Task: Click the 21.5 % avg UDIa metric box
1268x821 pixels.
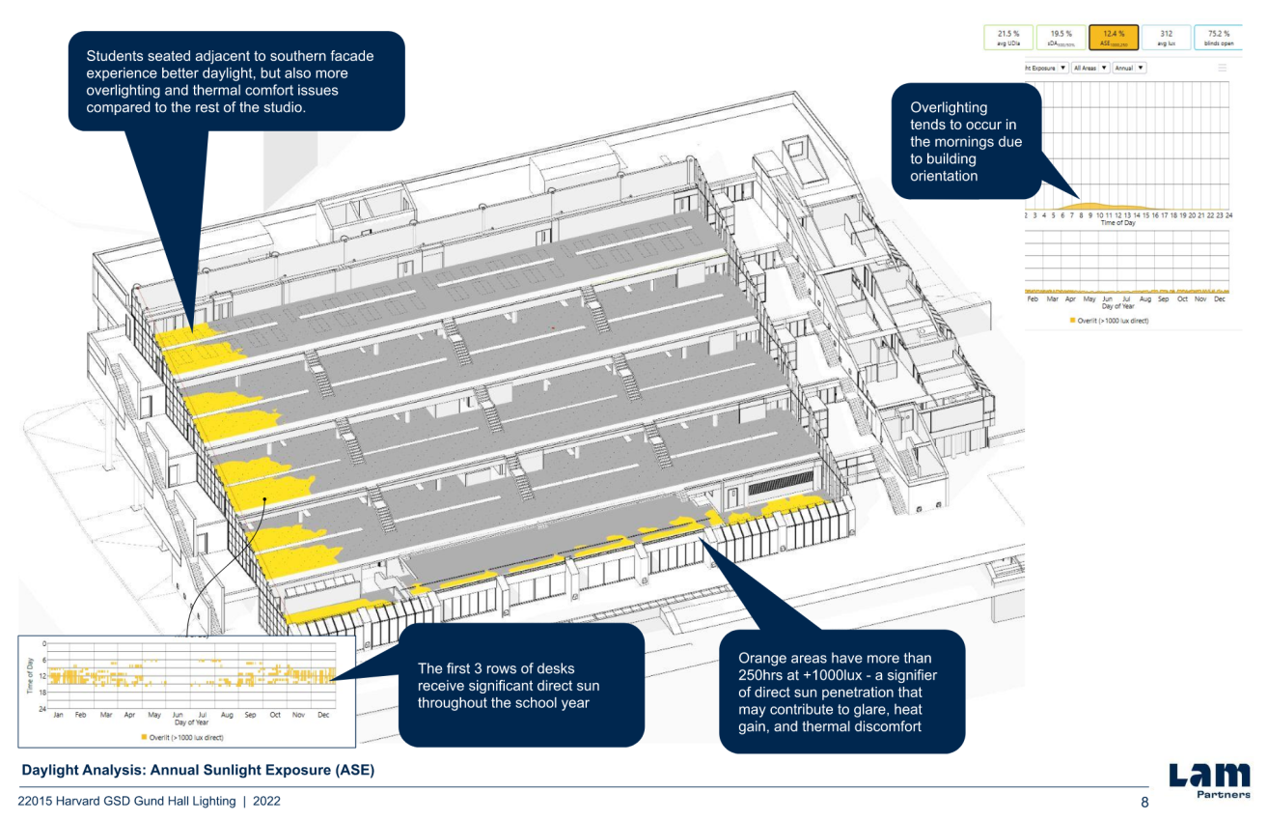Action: pyautogui.click(x=1008, y=37)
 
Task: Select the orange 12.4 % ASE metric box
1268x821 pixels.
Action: pyautogui.click(x=1113, y=37)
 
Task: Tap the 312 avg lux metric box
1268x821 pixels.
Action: pyautogui.click(x=1166, y=37)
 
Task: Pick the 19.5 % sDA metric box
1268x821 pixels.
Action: pyautogui.click(x=1061, y=37)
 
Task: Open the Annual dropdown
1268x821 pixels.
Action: pyautogui.click(x=1129, y=68)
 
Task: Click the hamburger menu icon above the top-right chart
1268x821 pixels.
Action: pyautogui.click(x=1223, y=68)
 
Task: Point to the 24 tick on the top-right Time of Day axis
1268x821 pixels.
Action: pyautogui.click(x=1228, y=214)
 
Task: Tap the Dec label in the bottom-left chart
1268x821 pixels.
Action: pyautogui.click(x=323, y=715)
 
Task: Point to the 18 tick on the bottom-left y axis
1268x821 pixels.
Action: pyautogui.click(x=43, y=693)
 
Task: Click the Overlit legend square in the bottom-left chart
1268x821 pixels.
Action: pyautogui.click(x=143, y=736)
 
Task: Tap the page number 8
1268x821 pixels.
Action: pyautogui.click(x=1145, y=803)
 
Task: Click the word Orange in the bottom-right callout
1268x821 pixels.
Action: pyautogui.click(x=760, y=658)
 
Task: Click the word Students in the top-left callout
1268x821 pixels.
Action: pyautogui.click(x=115, y=56)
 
